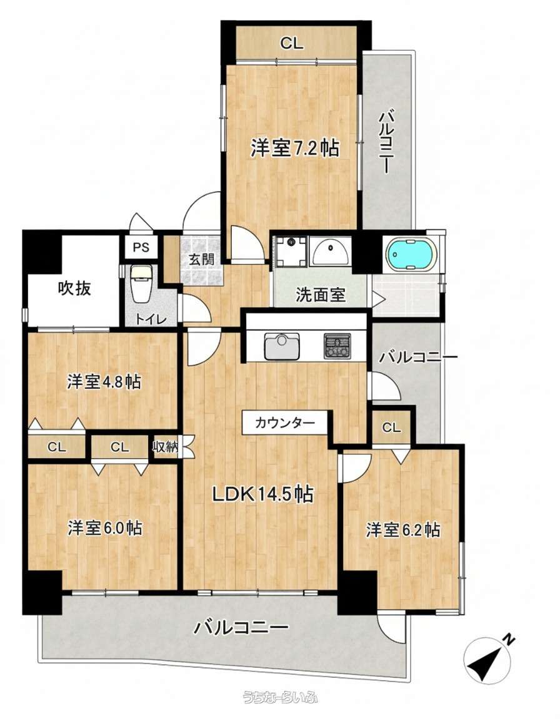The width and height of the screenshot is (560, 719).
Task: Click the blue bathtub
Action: click(x=410, y=255)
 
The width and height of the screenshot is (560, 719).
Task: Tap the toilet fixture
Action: click(x=139, y=284)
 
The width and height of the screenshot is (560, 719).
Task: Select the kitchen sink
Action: click(x=282, y=346)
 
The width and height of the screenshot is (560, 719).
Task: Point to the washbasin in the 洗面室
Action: click(x=330, y=251)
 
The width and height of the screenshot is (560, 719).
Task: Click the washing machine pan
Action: click(x=289, y=251)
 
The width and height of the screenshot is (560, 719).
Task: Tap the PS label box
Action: click(x=141, y=248)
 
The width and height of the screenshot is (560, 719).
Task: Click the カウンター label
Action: click(x=285, y=423)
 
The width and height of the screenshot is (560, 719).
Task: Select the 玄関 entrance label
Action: click(x=202, y=259)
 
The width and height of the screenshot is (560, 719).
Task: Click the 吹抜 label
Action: click(x=74, y=288)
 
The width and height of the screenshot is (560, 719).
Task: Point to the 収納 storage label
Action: click(x=165, y=447)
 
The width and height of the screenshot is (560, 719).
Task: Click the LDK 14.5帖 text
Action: click(x=262, y=494)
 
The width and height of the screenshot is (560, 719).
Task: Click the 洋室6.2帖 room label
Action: click(x=402, y=530)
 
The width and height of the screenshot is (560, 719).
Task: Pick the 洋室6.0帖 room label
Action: click(x=104, y=528)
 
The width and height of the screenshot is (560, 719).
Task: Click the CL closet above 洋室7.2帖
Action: click(x=292, y=44)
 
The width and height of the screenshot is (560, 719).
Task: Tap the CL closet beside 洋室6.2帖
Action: click(x=391, y=428)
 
